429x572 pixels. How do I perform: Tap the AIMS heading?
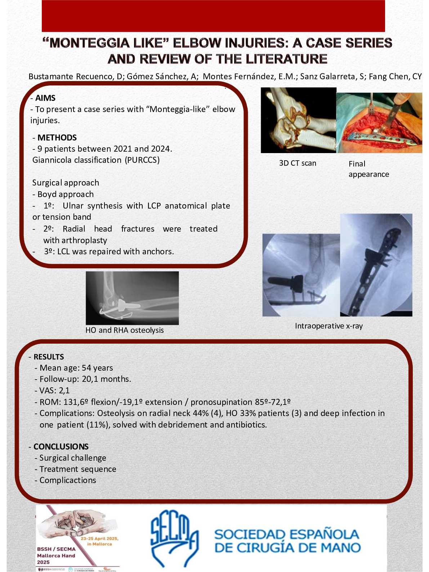[x=45, y=98]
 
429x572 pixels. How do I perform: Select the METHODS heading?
[x=57, y=138]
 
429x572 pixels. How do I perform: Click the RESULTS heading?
[x=49, y=357]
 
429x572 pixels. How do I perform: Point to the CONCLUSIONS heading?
[x=61, y=447]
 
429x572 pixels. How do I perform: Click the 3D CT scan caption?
[x=298, y=163]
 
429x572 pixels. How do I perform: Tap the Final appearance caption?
[x=368, y=169]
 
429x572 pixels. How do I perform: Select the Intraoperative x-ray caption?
[x=329, y=326]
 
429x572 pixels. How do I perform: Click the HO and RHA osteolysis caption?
[x=124, y=330]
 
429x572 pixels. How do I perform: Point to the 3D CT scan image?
[x=298, y=120]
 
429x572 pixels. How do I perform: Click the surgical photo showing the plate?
[x=379, y=123]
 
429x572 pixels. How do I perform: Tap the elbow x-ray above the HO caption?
[x=132, y=298]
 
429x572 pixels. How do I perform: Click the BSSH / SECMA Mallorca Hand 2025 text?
[x=56, y=555]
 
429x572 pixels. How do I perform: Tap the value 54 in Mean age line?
[x=86, y=368]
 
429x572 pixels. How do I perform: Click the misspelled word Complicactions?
[x=68, y=480]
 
